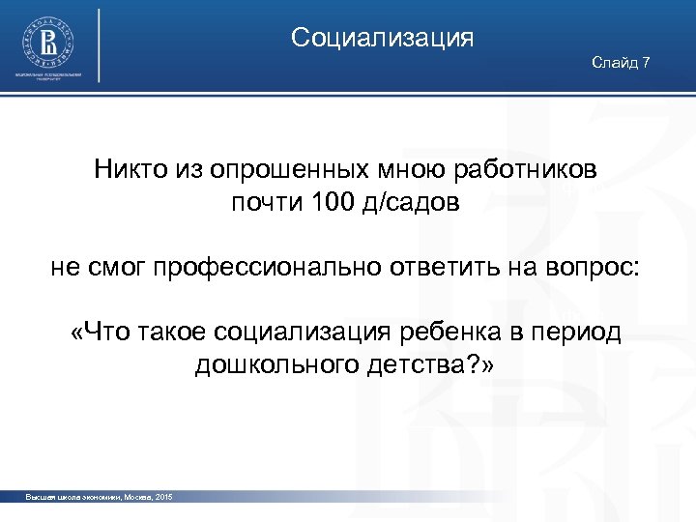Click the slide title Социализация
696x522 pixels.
[382, 38]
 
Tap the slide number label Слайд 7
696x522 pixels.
[621, 63]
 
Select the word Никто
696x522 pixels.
[126, 170]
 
